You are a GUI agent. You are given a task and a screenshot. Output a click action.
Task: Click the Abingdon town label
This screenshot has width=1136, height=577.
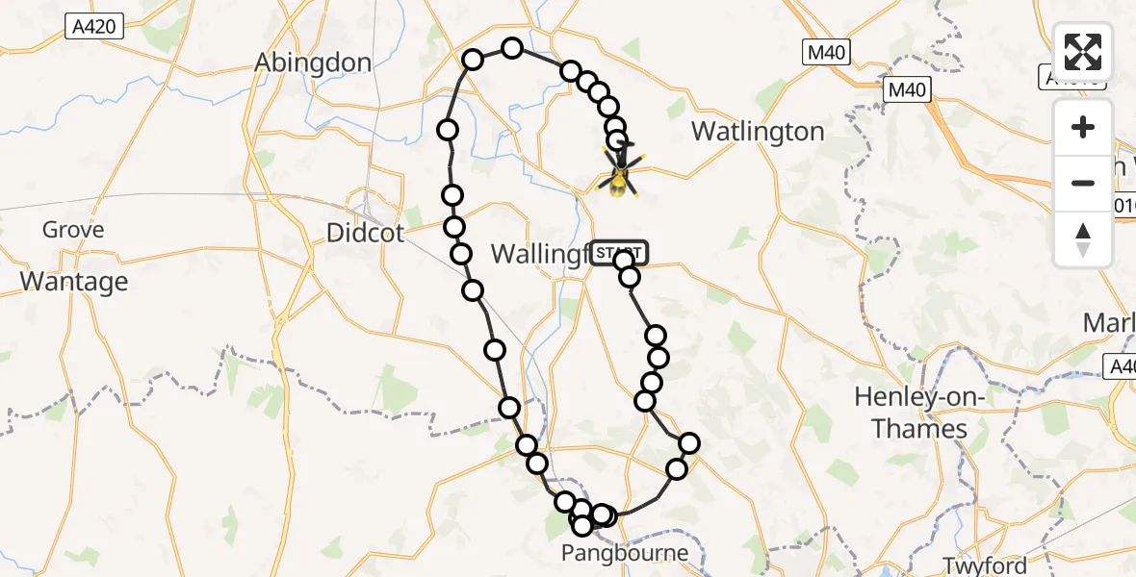tap(313, 63)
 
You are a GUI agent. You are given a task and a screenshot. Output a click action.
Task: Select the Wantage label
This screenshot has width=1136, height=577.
tap(74, 282)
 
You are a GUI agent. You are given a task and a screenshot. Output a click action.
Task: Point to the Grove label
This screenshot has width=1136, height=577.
tap(73, 231)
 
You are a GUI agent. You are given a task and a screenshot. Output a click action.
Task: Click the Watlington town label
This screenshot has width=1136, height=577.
tap(759, 132)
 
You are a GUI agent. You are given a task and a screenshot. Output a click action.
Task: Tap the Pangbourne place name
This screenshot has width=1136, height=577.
tap(627, 554)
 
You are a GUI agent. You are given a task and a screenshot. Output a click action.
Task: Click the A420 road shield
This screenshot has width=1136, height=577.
tap(96, 26)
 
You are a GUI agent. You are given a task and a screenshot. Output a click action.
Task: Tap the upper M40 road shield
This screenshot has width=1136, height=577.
tap(828, 53)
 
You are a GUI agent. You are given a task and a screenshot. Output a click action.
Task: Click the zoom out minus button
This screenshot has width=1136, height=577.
tap(1083, 183)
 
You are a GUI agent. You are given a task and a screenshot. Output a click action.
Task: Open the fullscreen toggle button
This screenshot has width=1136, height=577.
tap(1083, 52)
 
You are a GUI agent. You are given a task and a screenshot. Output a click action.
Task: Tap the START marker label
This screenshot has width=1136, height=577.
tap(620, 253)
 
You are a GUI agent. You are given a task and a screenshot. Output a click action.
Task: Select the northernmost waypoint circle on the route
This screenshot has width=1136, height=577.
tap(512, 48)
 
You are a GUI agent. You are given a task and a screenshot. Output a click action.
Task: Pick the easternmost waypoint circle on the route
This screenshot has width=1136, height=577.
tap(689, 443)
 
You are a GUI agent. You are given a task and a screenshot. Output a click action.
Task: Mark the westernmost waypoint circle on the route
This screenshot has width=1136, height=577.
tap(448, 130)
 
